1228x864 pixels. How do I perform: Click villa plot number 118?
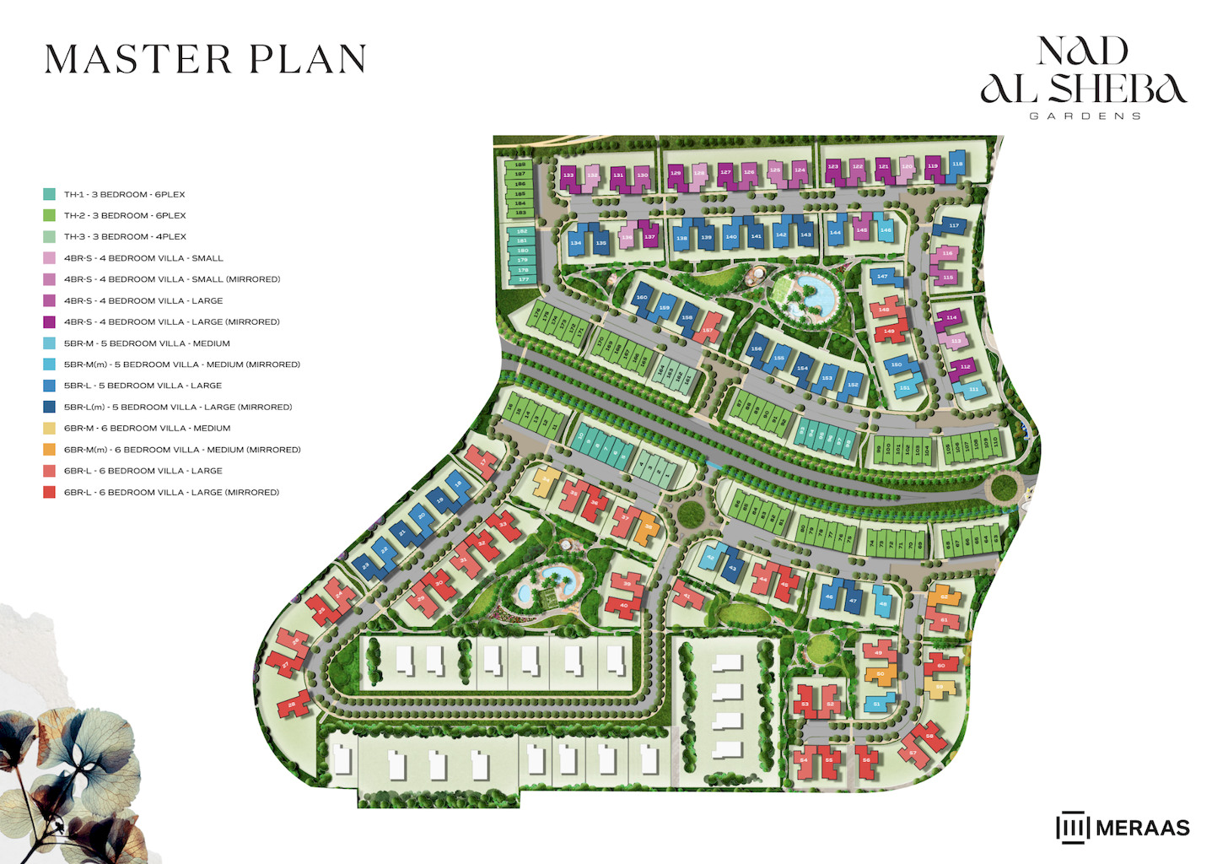coord(957,165)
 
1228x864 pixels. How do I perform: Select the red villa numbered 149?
coord(889,331)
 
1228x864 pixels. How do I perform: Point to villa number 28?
coord(292,704)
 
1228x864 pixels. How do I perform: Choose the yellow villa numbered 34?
coord(546,480)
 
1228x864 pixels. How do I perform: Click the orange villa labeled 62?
coord(944,597)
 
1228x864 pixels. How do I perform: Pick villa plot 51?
coord(877,704)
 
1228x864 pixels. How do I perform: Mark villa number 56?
coord(866,759)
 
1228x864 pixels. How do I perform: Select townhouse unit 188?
coord(520,165)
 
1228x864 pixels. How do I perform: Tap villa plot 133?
coord(568,175)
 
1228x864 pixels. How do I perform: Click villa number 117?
coord(954,226)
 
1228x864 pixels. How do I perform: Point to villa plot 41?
coord(687,596)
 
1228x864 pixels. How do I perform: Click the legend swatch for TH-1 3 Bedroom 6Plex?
coord(50,194)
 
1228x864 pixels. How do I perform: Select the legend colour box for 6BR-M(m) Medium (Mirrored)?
coord(50,450)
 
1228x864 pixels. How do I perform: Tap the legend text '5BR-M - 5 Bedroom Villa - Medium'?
coord(147,343)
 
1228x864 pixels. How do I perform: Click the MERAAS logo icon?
coord(1072,828)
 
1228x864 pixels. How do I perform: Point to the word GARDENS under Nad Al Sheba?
coord(1085,116)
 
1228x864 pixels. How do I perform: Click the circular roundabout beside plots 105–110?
coord(1004,487)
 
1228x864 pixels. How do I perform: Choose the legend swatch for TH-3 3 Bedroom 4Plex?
coord(50,237)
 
